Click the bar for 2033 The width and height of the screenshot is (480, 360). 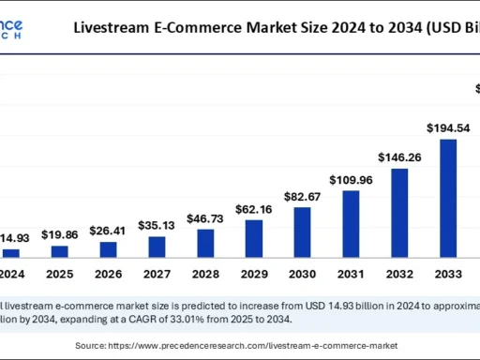tap(448, 198)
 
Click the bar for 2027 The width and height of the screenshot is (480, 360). tap(157, 247)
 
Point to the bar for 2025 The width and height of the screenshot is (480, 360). tap(59, 251)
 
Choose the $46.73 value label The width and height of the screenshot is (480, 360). tap(204, 217)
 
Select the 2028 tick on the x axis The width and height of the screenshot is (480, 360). tap(204, 275)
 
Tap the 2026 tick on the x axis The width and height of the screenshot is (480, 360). tap(108, 275)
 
